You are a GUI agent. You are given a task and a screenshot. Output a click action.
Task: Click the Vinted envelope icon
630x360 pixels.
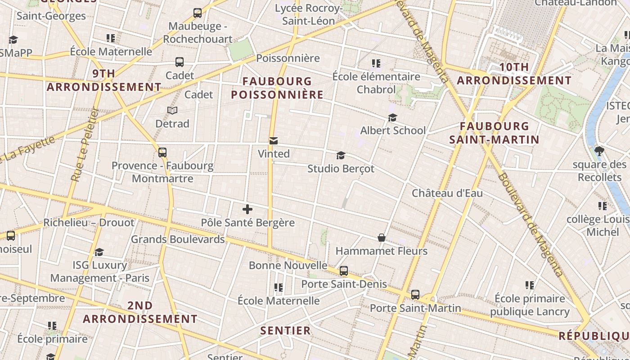273,141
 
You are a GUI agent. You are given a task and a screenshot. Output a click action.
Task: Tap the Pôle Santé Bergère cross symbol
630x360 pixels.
247,209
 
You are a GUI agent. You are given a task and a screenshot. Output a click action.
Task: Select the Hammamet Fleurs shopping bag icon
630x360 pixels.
381,238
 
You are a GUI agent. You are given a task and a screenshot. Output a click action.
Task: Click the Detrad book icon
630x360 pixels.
172,110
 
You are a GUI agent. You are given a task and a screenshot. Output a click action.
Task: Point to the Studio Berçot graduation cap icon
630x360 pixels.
341,156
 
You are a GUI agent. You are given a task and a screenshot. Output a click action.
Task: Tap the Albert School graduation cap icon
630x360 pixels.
392,117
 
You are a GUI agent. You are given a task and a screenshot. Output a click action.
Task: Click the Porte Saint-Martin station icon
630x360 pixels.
415,295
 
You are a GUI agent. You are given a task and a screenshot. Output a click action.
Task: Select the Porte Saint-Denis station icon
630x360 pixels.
343,271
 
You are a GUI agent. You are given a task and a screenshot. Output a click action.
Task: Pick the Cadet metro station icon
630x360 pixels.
179,62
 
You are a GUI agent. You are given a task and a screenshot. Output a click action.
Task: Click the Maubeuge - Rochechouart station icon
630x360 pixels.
197,13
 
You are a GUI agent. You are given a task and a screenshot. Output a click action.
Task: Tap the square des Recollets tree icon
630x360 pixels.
599,151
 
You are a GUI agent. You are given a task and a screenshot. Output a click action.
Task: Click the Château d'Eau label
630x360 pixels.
447,193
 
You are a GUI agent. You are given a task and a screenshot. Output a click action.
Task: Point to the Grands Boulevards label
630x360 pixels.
178,239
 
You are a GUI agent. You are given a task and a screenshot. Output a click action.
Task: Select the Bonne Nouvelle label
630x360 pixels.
288,265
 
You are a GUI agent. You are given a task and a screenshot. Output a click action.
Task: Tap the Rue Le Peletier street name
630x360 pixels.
85,144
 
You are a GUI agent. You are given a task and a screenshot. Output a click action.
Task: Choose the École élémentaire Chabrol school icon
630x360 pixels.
376,63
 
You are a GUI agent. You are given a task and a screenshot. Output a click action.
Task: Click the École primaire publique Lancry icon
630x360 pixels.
530,285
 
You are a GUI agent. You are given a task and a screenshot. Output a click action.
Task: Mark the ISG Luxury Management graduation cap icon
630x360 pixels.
99,252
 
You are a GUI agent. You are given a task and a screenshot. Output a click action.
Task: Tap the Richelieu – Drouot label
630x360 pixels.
89,222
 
